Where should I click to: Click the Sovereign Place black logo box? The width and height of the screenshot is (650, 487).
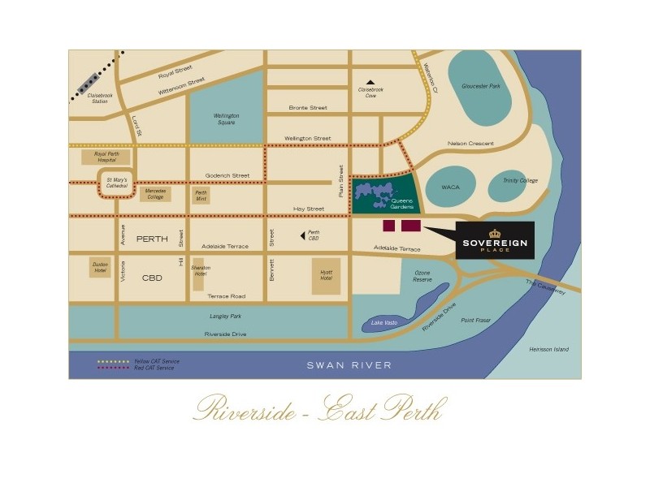(x=495, y=241)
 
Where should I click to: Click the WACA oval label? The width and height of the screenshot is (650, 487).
(x=451, y=186)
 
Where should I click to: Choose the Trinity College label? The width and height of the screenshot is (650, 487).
(x=520, y=181)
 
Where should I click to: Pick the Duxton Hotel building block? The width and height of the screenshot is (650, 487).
(x=100, y=268)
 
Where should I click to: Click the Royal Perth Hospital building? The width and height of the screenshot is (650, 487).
(x=111, y=156)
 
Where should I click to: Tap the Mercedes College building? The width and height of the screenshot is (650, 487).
(x=155, y=193)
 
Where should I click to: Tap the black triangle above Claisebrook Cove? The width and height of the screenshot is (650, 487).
(x=370, y=82)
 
